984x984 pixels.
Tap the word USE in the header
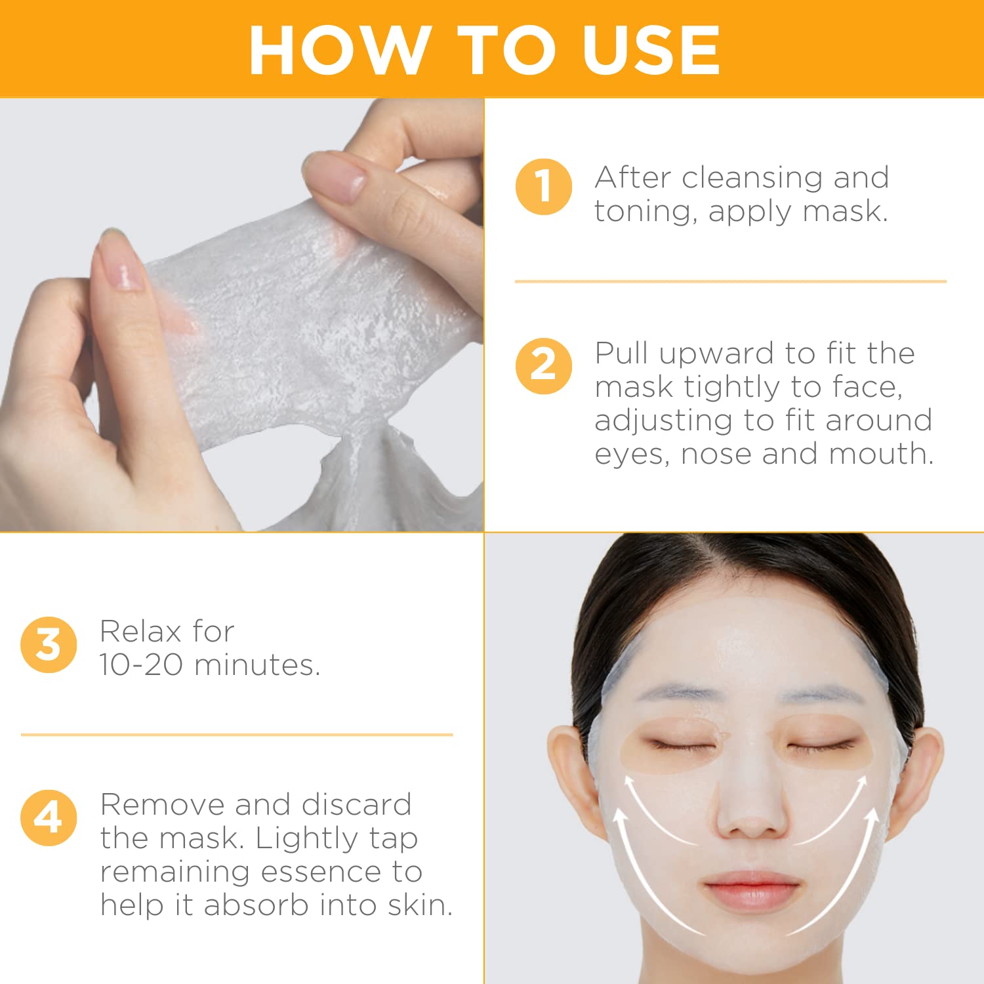pos(651,51)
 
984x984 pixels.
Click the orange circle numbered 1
pos(543,187)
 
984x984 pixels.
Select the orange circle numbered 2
pos(543,365)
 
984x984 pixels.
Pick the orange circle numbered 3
pos(49,644)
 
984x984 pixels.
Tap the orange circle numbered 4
pos(49,817)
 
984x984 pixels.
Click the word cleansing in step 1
pos(752,178)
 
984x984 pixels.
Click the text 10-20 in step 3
pos(141,665)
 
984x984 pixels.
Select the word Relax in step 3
pos(140,632)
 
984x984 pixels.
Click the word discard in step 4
pos(356,805)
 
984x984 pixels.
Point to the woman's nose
pos(752,813)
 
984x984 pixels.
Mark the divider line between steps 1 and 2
pos(730,281)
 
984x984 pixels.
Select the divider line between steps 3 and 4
pos(237,735)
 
